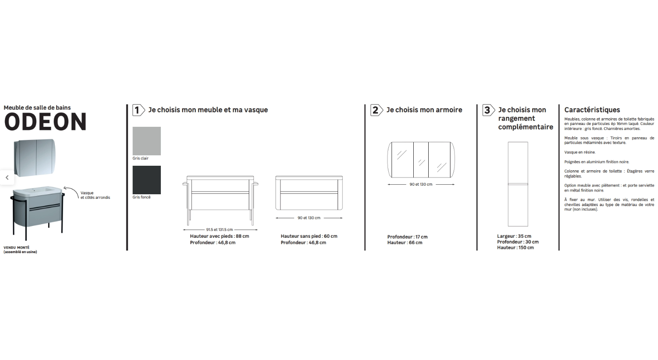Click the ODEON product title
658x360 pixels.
[45, 122]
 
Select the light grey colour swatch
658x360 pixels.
[146, 141]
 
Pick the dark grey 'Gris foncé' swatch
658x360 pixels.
[146, 180]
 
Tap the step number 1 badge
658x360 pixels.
[138, 110]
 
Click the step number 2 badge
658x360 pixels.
[377, 110]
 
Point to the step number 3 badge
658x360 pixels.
[489, 110]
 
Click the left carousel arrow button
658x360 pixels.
[7, 178]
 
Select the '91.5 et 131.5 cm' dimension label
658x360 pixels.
[219, 230]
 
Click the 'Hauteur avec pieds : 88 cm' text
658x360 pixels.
[219, 236]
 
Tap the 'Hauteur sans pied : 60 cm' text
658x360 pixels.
[309, 236]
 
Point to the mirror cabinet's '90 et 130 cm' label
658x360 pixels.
[421, 184]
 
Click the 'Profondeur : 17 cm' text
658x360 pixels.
[407, 237]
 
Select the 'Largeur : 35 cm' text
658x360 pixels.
[514, 236]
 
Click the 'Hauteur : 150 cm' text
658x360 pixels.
[516, 248]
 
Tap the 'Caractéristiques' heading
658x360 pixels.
[592, 110]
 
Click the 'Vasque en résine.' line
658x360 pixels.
[580, 152]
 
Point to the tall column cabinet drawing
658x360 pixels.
[518, 184]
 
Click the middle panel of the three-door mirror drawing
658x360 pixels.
[421, 160]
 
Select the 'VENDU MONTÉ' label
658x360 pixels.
[16, 248]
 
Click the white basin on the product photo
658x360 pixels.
[37, 191]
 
